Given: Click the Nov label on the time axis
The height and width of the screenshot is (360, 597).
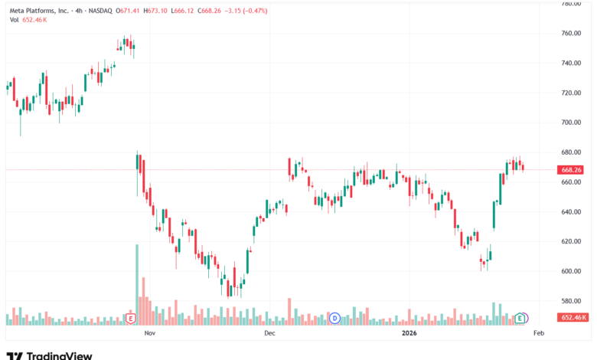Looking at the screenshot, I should [x=150, y=334].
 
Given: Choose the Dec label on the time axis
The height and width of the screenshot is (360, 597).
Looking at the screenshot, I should [x=269, y=334].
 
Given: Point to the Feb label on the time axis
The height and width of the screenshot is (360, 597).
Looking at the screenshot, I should [x=538, y=334].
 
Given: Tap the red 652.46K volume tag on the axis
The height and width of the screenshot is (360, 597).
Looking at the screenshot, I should [x=574, y=317].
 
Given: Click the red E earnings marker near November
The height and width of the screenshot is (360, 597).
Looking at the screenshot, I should [x=131, y=318].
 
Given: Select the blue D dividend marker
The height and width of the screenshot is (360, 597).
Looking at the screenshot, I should [x=334, y=318].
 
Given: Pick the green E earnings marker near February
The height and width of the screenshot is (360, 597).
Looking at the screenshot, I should [x=521, y=318].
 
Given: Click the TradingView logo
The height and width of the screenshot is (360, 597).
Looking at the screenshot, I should [x=49, y=355].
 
